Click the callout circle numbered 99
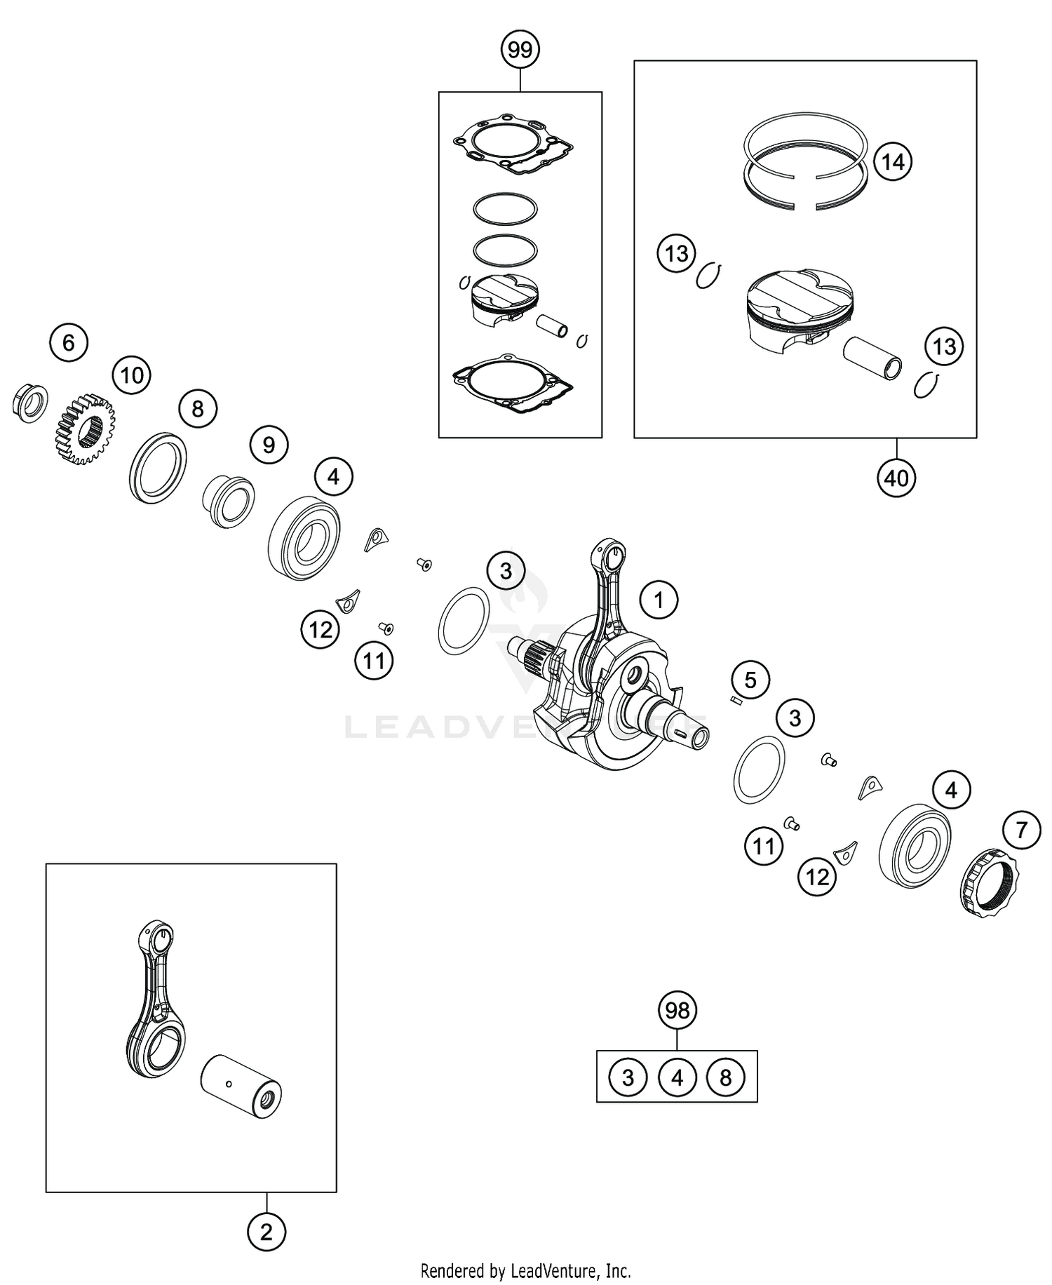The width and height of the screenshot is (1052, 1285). coord(520,50)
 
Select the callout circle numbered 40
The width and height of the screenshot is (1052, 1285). coord(896,478)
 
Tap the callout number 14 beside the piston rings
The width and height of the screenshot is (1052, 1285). coord(892,162)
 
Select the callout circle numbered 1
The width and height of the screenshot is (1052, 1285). coord(658,600)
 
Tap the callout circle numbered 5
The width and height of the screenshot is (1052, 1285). coord(750,680)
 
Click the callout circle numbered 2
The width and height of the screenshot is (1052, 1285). coord(267,1232)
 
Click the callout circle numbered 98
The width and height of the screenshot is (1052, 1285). coord(677,1011)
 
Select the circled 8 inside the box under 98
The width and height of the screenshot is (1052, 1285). coord(726,1077)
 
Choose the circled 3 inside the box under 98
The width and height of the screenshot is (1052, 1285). coord(628,1077)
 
